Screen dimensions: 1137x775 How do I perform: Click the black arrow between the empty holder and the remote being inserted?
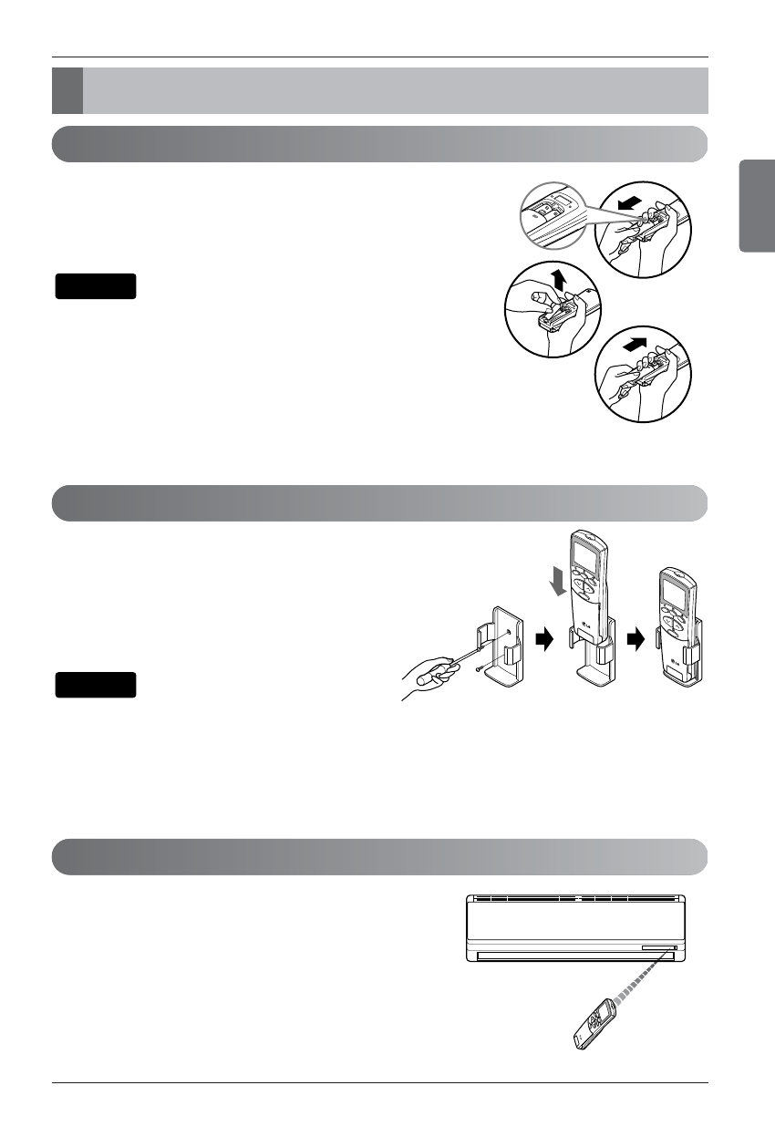(544, 640)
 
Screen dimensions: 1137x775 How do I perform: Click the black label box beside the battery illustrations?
(96, 286)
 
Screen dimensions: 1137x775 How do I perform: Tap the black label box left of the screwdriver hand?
(96, 685)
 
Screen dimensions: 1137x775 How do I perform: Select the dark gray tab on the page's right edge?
(757, 205)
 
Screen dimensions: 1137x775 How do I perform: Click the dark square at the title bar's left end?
(67, 89)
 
